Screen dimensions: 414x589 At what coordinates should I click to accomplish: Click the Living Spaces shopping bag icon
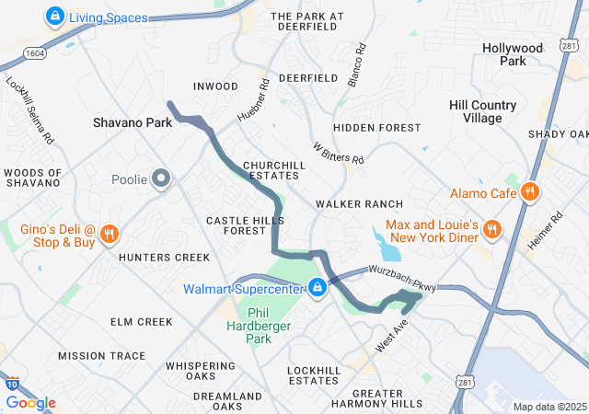click(54, 16)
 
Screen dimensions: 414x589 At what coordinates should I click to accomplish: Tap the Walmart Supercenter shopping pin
click(317, 288)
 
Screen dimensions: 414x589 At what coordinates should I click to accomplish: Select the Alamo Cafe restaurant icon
click(529, 193)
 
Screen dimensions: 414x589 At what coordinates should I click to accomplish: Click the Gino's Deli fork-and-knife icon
click(109, 235)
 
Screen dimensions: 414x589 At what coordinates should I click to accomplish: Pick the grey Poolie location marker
click(162, 178)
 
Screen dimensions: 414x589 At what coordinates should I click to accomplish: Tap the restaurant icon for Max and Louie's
click(492, 230)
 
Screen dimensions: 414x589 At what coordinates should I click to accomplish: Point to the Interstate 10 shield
click(10, 385)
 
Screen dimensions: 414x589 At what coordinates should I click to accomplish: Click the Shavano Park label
click(133, 122)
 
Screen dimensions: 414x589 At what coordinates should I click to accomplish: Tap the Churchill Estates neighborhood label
click(273, 170)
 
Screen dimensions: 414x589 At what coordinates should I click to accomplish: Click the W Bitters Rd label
click(338, 154)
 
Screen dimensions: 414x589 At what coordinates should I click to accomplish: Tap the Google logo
click(30, 403)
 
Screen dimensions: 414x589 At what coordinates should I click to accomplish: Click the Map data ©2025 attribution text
click(549, 407)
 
